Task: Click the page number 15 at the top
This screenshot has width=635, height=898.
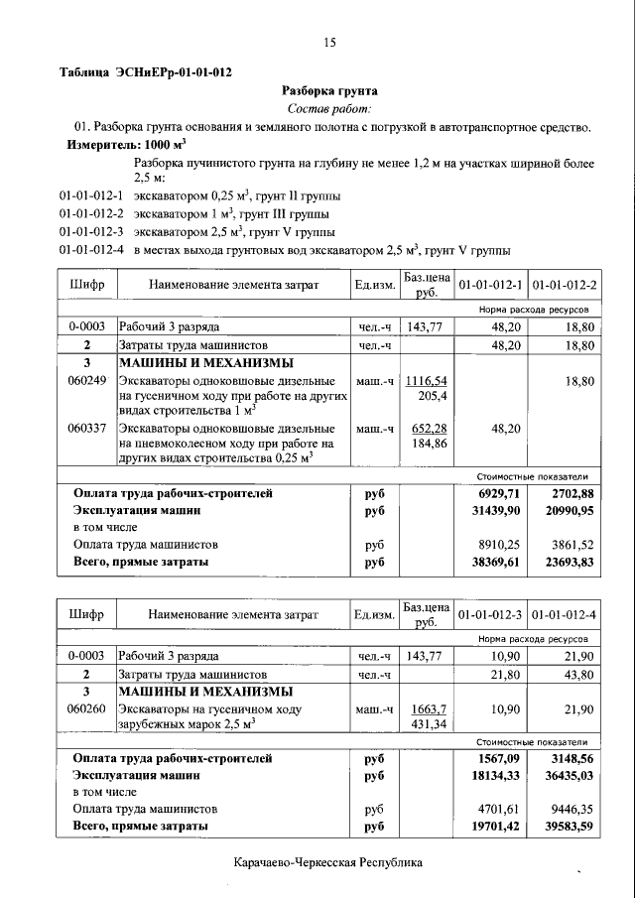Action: click(x=329, y=42)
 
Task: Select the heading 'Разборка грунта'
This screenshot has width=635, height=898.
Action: click(x=329, y=90)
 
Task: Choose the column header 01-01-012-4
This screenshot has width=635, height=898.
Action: click(x=565, y=615)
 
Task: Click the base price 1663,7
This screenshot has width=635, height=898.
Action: click(x=428, y=709)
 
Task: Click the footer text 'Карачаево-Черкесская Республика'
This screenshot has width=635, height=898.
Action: click(x=328, y=863)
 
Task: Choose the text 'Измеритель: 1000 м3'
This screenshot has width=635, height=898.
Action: click(x=126, y=144)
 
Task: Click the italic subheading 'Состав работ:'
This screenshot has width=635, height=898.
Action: click(x=329, y=108)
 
